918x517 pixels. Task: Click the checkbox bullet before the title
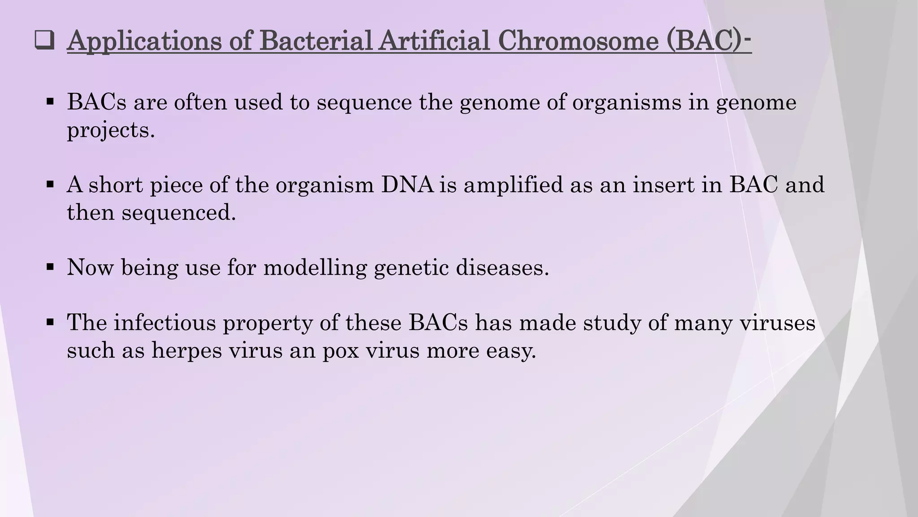(x=44, y=41)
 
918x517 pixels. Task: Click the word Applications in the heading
(x=144, y=41)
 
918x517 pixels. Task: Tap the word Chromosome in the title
(x=578, y=41)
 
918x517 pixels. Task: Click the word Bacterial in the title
(x=316, y=41)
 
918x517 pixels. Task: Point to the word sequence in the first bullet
(x=364, y=102)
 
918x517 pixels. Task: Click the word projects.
(x=110, y=130)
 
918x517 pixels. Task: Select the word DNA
(x=407, y=185)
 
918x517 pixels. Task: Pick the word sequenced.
(x=178, y=212)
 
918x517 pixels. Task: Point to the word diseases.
(x=502, y=267)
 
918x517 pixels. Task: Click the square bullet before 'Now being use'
(x=50, y=267)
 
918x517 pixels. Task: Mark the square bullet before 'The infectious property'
(x=50, y=322)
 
